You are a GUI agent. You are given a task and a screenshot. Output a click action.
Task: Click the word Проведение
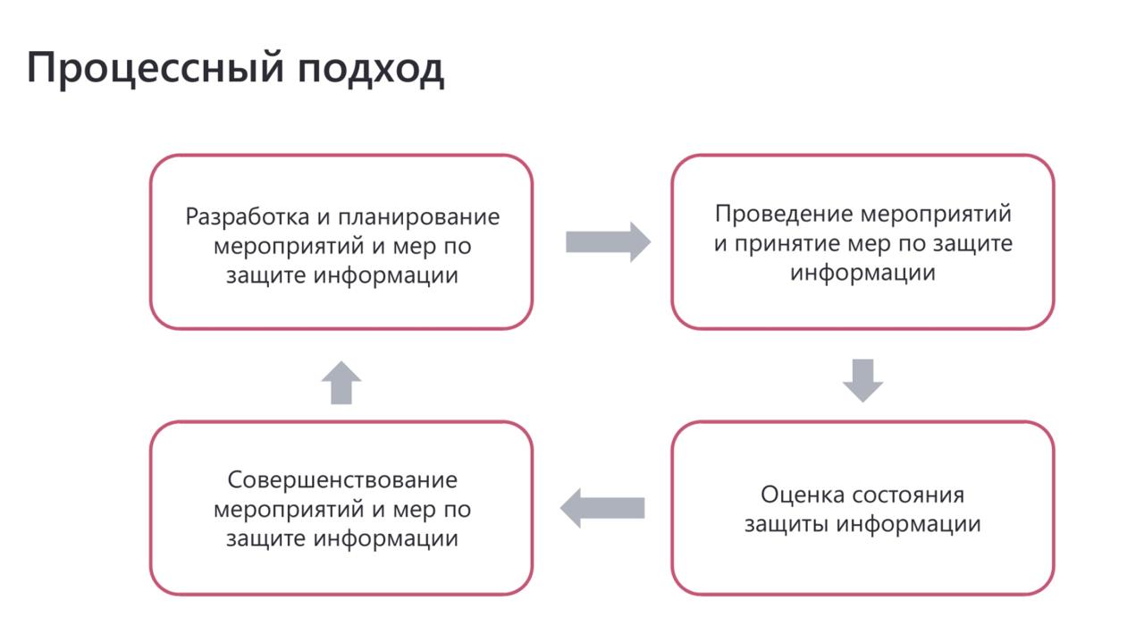783,215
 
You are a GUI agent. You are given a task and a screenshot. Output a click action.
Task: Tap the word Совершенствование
342,480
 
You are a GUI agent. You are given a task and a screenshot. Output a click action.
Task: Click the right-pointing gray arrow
608,241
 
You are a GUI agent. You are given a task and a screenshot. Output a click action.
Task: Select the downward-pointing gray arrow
862,379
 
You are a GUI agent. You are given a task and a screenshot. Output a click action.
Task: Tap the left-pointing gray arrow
603,508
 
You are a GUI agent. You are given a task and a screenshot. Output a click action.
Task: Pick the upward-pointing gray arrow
341,383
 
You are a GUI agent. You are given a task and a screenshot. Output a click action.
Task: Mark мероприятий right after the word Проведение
935,215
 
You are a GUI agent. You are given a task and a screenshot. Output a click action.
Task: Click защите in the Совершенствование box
265,539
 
